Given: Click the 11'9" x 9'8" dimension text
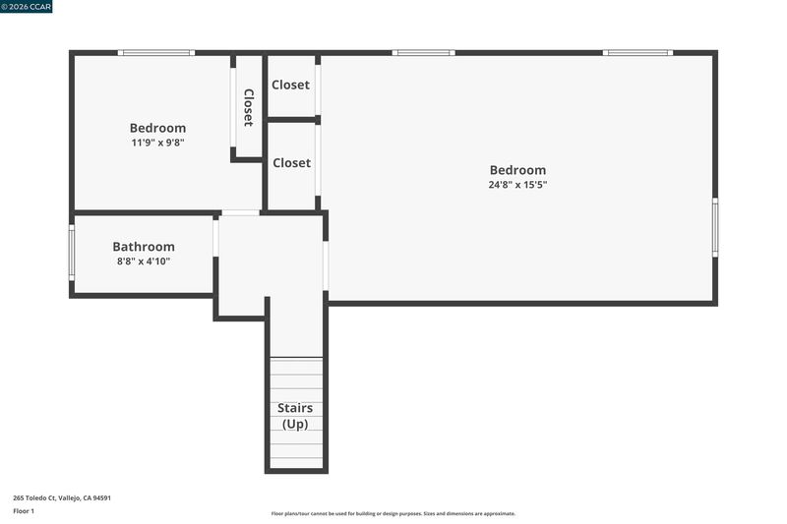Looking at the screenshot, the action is point(157,143).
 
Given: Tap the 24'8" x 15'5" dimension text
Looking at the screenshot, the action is point(517,185).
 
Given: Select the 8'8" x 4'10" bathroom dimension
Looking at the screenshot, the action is point(144,262).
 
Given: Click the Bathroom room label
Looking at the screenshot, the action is point(144,247).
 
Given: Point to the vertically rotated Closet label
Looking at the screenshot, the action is point(249,107).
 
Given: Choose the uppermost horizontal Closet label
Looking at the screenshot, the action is point(290,85).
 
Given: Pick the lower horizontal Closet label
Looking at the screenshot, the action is point(291,163).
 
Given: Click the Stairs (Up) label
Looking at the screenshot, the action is point(295,416).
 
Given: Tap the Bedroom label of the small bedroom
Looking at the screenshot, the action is point(157,128).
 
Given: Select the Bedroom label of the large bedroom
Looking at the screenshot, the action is point(517,170).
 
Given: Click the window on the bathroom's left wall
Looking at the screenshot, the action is point(72,253).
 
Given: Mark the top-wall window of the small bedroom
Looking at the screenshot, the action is point(156,53).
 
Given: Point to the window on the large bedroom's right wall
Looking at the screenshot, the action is point(715,227).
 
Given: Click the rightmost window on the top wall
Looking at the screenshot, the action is point(637,53).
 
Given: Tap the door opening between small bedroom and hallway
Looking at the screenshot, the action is point(240,213).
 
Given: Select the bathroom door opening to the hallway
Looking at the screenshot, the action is point(215,239).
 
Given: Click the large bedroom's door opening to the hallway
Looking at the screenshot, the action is point(326,265).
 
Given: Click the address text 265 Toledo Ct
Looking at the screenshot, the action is point(34,497).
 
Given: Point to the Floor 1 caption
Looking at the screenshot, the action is point(24,511).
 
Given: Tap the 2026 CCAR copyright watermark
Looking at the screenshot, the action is point(27,7).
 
